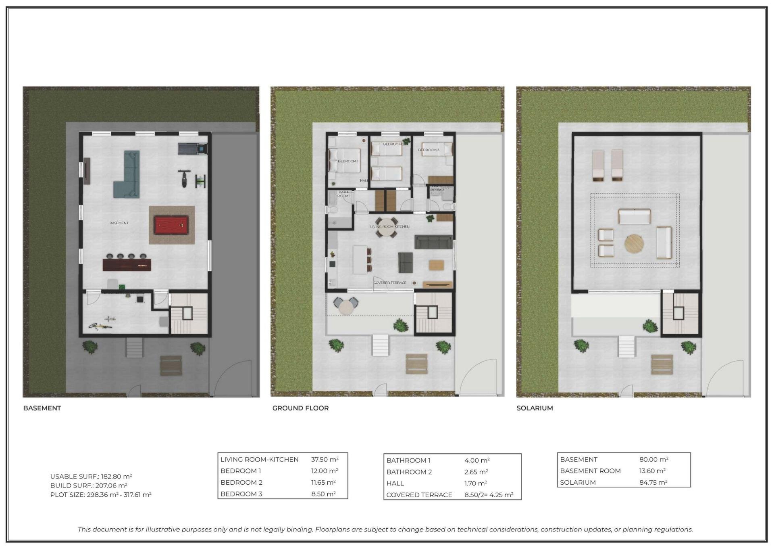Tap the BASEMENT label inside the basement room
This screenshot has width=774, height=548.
pyautogui.click(x=119, y=223)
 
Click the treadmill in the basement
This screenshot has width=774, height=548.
pyautogui.click(x=193, y=149)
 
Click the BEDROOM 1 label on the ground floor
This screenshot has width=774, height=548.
pyautogui.click(x=348, y=161)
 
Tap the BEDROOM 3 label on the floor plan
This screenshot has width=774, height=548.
pyautogui.click(x=429, y=150)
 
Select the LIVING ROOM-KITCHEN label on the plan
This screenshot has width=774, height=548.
pyautogui.click(x=390, y=227)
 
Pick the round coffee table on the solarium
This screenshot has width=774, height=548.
pyautogui.click(x=634, y=244)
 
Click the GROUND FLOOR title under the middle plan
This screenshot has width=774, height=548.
pyautogui.click(x=300, y=408)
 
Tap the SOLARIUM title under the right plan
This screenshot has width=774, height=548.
pyautogui.click(x=535, y=408)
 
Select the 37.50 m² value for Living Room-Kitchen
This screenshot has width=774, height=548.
pyautogui.click(x=325, y=459)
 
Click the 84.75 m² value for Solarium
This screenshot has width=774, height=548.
pyautogui.click(x=653, y=482)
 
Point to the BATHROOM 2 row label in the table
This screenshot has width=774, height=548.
pyautogui.click(x=409, y=472)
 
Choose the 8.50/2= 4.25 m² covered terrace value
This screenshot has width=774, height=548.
pyautogui.click(x=489, y=495)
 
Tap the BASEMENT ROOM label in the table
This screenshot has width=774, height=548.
pyautogui.click(x=590, y=471)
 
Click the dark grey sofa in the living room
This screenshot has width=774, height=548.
pyautogui.click(x=433, y=242)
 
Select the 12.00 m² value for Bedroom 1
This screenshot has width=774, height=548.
pyautogui.click(x=325, y=471)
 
